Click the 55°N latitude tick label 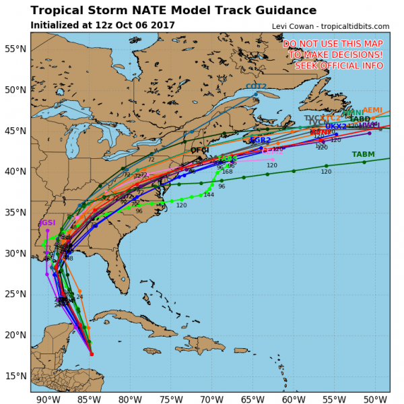14,48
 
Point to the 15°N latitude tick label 14,376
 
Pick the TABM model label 364,154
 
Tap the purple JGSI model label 47,222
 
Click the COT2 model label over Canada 256,87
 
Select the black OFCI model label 200,150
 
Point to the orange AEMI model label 372,110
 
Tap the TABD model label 360,119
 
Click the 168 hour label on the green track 227,172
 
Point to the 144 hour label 209,195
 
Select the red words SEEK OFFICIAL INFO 333,65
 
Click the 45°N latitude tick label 14,131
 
